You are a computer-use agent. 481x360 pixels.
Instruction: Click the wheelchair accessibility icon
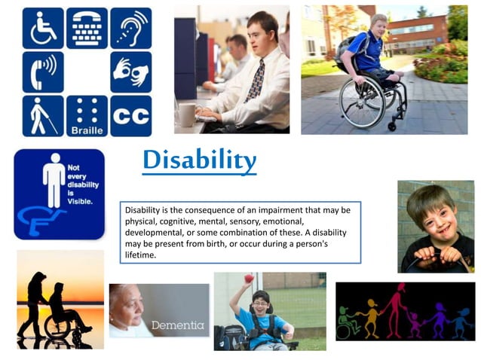(43, 28)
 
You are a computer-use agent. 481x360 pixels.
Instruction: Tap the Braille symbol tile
(87, 115)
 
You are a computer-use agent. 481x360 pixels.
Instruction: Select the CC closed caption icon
(130, 115)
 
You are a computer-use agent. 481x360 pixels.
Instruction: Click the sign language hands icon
(130, 72)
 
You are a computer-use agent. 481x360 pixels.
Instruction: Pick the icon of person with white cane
(43, 115)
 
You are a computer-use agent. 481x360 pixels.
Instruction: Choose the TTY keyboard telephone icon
(87, 28)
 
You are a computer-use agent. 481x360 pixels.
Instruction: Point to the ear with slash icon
(130, 28)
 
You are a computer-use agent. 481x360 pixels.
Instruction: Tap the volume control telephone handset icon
(43, 72)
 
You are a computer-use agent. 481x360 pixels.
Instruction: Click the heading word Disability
(199, 160)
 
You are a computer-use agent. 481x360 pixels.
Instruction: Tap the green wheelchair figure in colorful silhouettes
(348, 321)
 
